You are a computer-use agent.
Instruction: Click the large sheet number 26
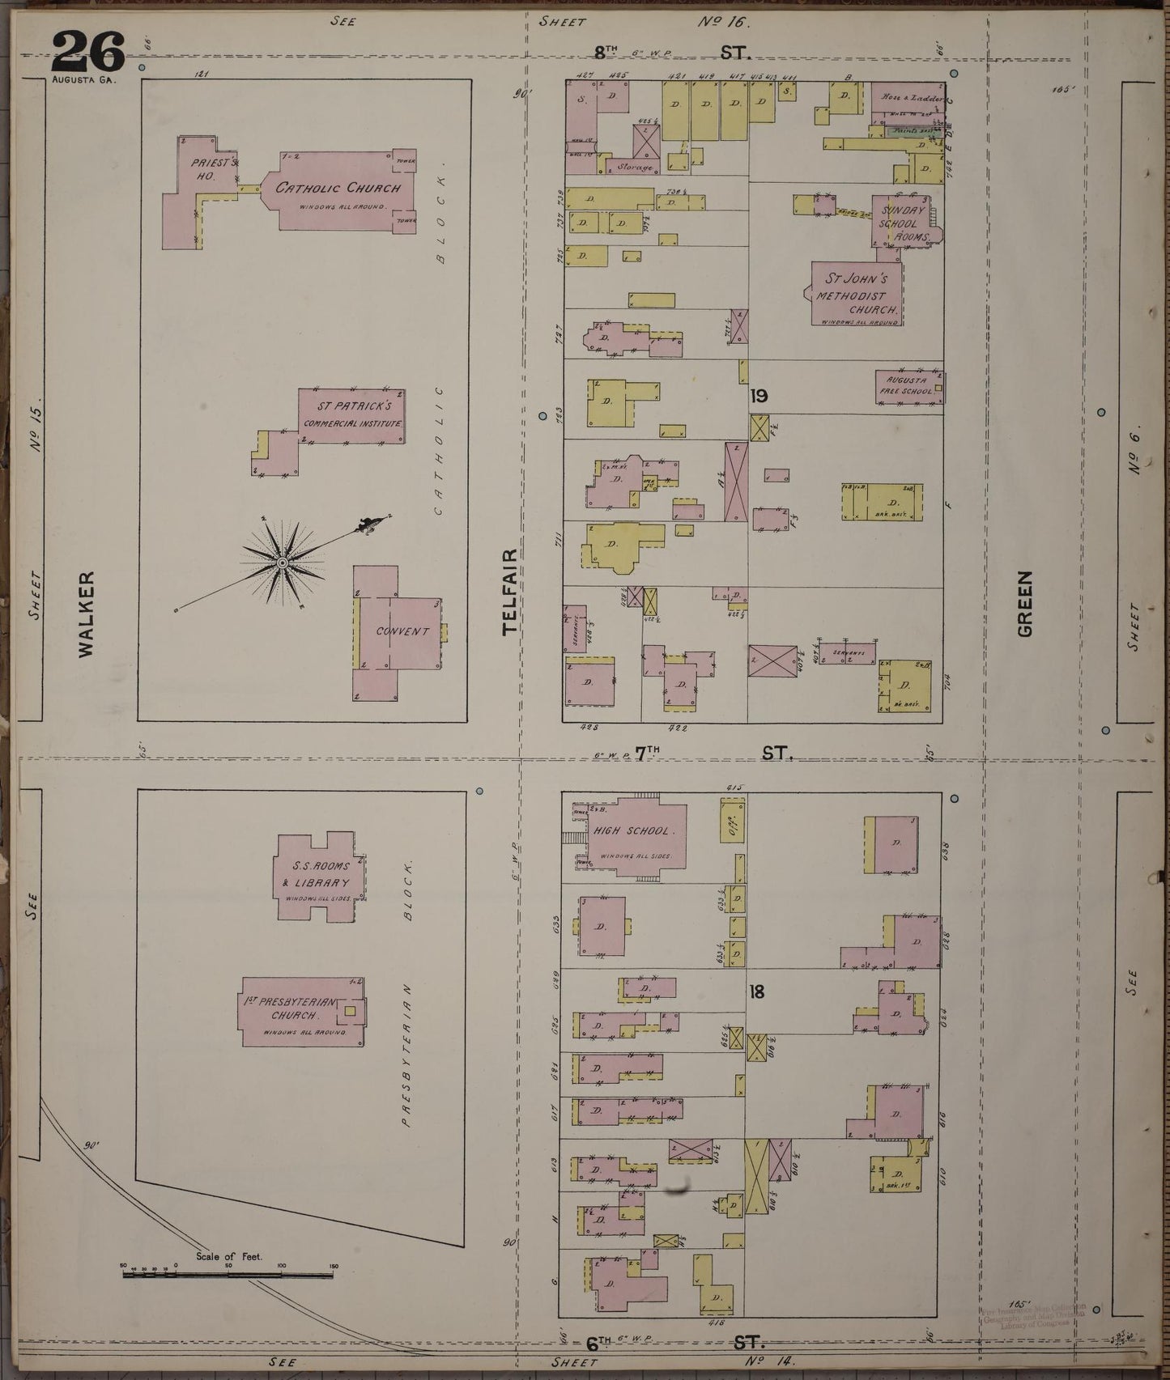coord(89,52)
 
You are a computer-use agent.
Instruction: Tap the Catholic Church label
coord(338,189)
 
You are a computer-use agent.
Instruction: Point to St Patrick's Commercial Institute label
coord(352,414)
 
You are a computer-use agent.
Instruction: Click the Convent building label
coord(402,631)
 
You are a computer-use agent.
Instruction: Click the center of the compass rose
coord(282,562)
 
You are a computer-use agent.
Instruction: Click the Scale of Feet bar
coord(228,1275)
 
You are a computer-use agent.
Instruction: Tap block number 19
coord(759,396)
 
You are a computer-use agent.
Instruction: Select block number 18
coord(756,991)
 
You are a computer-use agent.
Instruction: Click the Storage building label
coord(634,168)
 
